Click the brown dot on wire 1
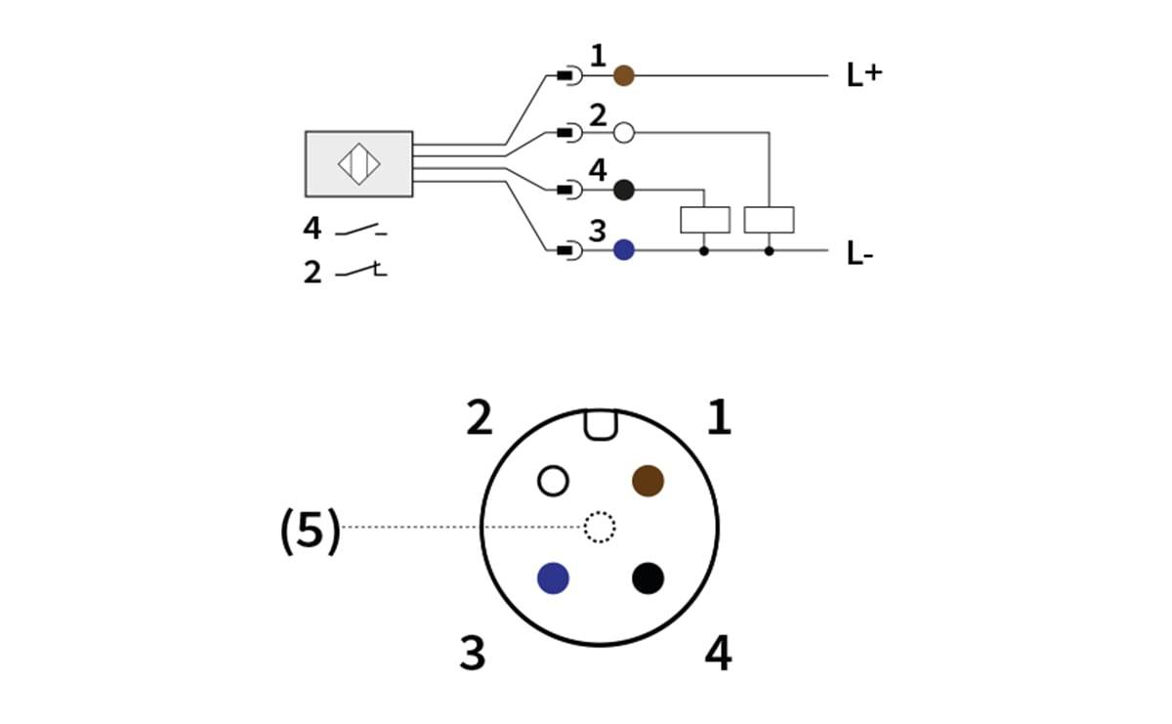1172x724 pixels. [x=623, y=75]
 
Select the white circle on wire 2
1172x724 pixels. [x=623, y=133]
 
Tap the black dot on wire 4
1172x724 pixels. [x=623, y=191]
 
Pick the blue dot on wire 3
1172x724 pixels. [x=623, y=250]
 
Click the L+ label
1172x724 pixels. [x=863, y=75]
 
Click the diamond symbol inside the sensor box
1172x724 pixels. [x=358, y=163]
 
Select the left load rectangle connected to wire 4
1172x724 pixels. [x=704, y=220]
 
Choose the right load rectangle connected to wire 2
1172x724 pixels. [x=769, y=220]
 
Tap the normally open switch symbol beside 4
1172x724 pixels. [x=361, y=231]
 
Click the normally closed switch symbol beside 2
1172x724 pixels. [x=361, y=271]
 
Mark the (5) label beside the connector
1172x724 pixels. [x=311, y=532]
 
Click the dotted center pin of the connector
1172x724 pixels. [x=600, y=528]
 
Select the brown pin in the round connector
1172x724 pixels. [x=648, y=481]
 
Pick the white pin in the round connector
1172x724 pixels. [x=553, y=481]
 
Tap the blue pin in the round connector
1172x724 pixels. [x=553, y=577]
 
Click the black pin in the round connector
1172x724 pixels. [x=648, y=577]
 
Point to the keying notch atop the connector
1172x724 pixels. [x=600, y=423]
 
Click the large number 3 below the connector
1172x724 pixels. [x=473, y=653]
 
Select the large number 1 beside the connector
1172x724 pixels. [x=719, y=418]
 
